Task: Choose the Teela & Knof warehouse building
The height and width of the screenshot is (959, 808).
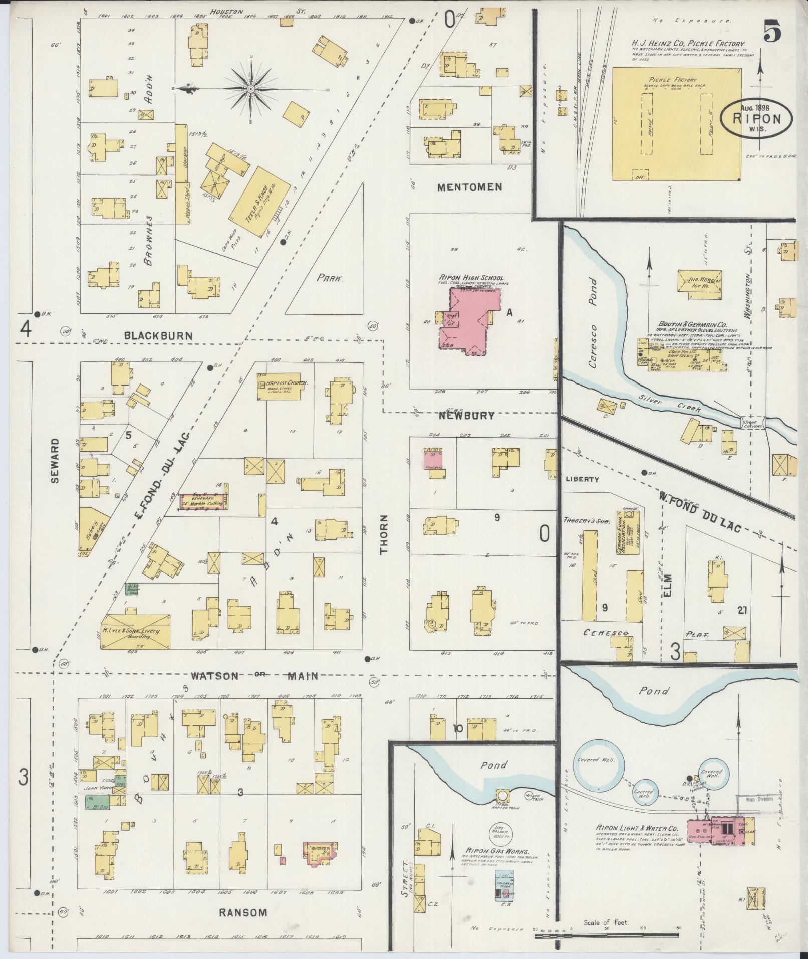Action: point(259,203)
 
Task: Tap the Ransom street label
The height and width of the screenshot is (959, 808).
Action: point(243,912)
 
